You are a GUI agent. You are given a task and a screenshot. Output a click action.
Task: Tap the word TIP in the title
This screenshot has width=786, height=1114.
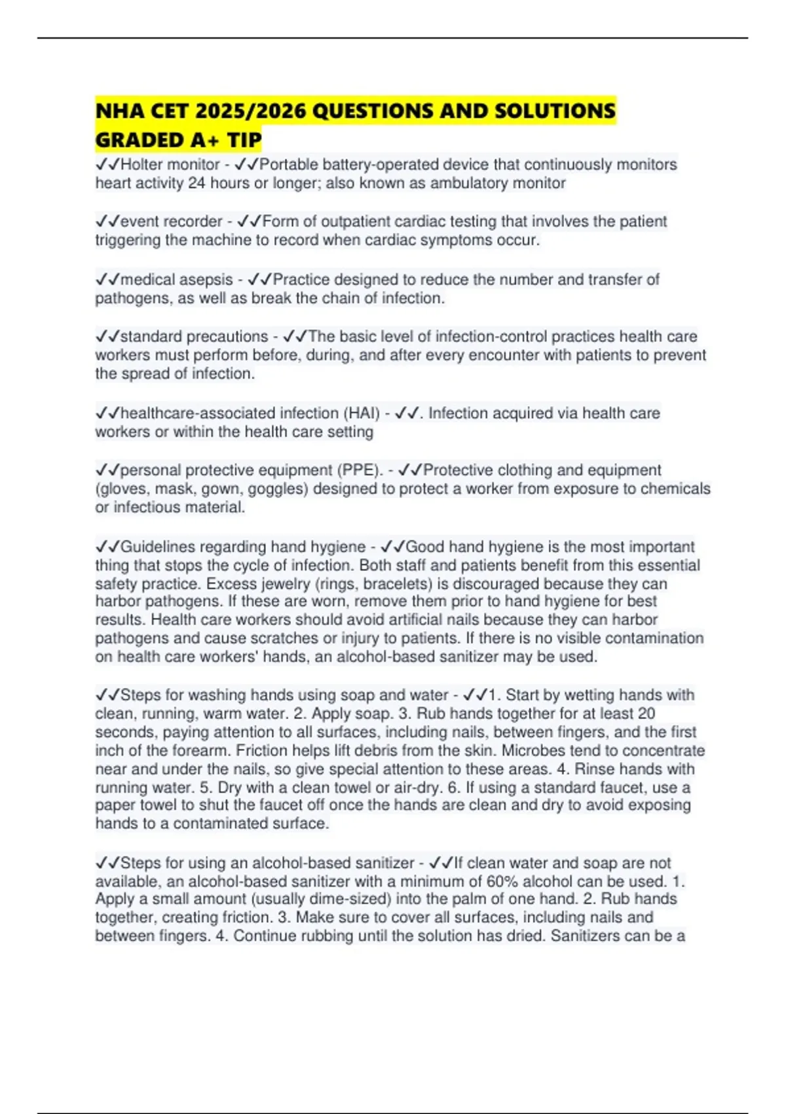244,140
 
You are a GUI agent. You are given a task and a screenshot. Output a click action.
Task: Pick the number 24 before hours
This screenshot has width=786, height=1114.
196,183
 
